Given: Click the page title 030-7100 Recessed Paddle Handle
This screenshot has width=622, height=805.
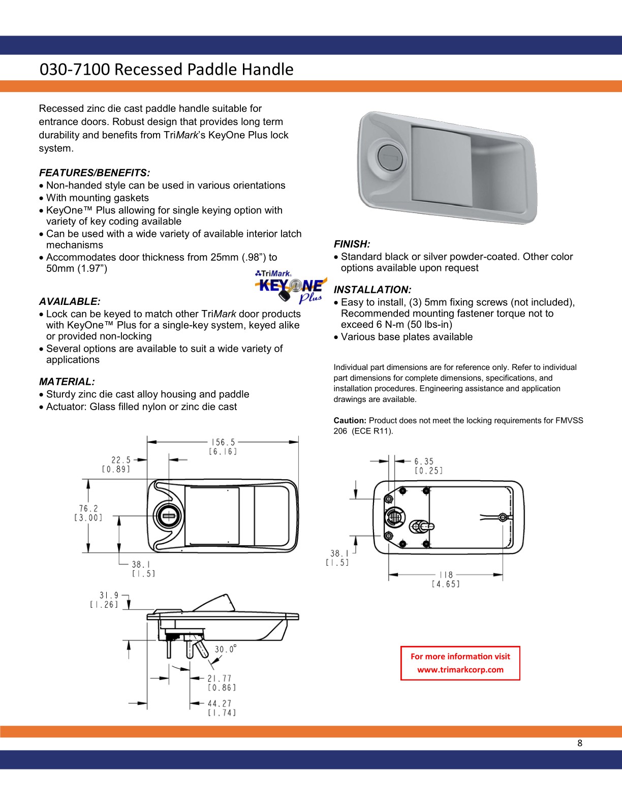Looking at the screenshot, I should [167, 69].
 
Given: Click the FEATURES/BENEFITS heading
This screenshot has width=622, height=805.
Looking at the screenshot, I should [95, 173].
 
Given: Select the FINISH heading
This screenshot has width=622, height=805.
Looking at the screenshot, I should [352, 244].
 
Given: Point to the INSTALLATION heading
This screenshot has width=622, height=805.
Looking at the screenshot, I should [372, 290].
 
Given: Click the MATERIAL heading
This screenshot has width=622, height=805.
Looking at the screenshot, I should [67, 381].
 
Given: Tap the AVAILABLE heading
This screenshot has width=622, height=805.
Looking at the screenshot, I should [70, 301].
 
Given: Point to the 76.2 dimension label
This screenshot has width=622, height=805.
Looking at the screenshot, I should [88, 508].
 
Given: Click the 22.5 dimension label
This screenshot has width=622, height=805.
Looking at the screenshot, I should [121, 460].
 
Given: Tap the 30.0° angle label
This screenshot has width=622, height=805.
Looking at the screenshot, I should [226, 649].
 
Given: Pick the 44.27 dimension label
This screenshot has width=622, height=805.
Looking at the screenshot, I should [220, 703].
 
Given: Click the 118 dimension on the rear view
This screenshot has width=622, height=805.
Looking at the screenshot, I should [446, 575].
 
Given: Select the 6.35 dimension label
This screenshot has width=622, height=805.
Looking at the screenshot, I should [424, 461].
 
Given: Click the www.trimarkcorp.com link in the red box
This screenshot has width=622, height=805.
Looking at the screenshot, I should [460, 669].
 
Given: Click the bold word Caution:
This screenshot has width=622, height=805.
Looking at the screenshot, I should [350, 421].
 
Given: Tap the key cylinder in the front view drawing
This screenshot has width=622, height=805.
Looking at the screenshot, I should [168, 516].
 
